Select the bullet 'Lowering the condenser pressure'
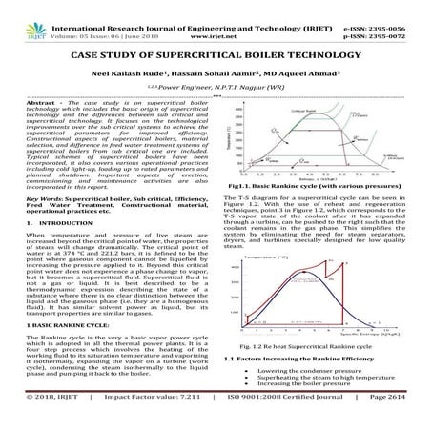(x=319, y=368)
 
